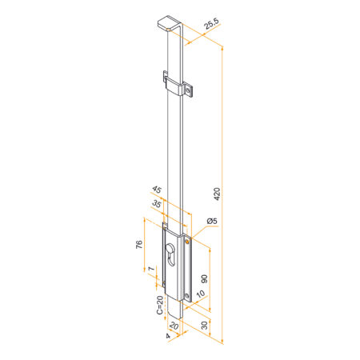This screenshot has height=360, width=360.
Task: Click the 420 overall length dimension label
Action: coord(218,194)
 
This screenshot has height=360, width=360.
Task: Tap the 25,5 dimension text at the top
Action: coord(212,23)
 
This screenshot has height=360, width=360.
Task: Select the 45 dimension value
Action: coord(157,190)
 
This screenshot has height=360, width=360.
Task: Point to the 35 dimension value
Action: coord(157,204)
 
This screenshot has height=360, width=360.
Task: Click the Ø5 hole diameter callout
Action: coord(212,221)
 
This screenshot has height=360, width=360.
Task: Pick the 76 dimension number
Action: coord(139,244)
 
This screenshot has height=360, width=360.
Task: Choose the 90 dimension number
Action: coord(204,279)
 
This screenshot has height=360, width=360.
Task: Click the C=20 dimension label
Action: coord(159,305)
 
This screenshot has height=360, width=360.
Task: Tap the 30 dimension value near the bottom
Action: coord(204,326)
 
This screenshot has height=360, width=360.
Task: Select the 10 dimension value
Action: coord(201,294)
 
